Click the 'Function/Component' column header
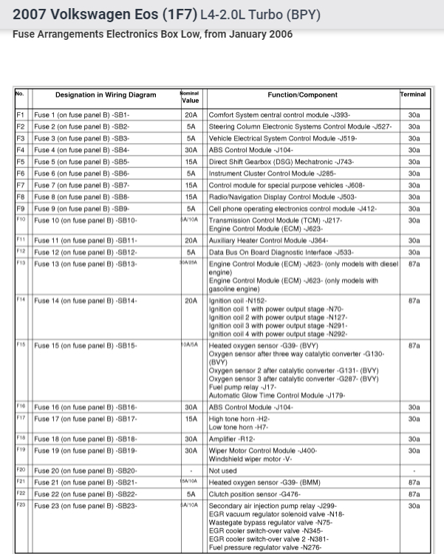click(x=302, y=95)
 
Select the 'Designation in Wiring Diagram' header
click(x=106, y=95)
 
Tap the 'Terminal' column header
click(x=414, y=95)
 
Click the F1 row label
click(x=21, y=115)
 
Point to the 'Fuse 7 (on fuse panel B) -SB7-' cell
click(x=82, y=185)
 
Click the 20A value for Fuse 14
click(x=191, y=301)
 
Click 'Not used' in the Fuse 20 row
click(x=223, y=471)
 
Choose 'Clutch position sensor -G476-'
click(x=255, y=494)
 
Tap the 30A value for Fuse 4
click(x=191, y=150)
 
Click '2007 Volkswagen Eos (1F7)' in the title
click(x=104, y=14)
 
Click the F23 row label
click(x=21, y=505)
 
